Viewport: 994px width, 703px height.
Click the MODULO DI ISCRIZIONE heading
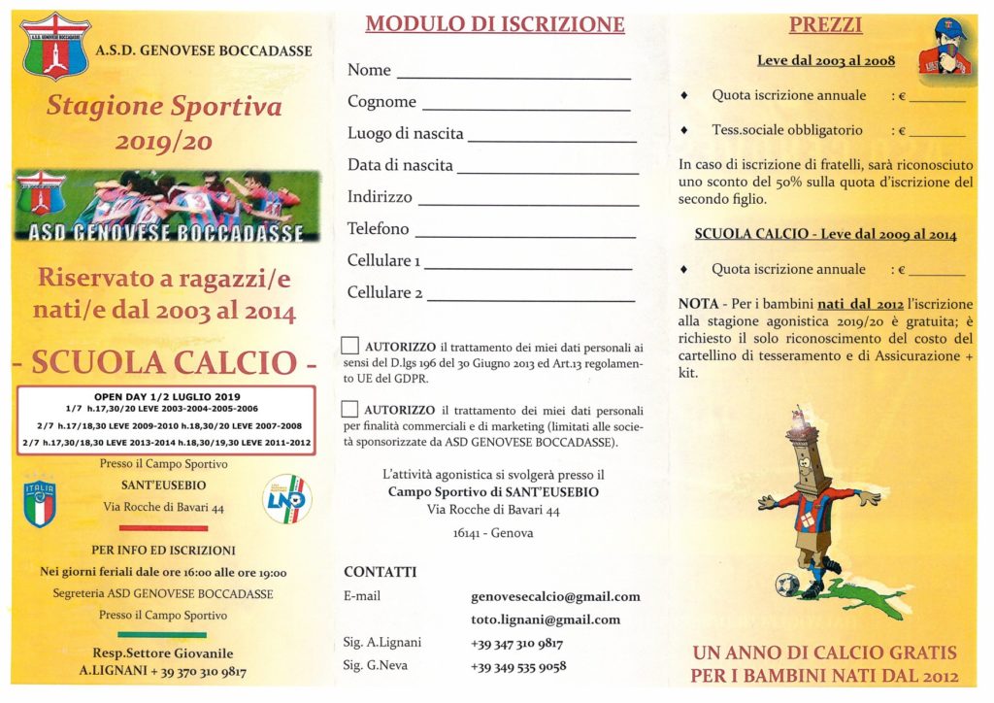pyautogui.click(x=494, y=24)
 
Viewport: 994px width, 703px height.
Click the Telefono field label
pyautogui.click(x=379, y=229)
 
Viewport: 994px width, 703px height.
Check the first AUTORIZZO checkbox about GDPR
pyautogui.click(x=350, y=347)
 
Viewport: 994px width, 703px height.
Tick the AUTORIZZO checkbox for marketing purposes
pyautogui.click(x=350, y=410)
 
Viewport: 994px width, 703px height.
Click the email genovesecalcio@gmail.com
pyautogui.click(x=555, y=596)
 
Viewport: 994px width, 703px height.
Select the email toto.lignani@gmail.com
pyautogui.click(x=546, y=619)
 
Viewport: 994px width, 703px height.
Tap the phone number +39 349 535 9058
pyautogui.click(x=518, y=666)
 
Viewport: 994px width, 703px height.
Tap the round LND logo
pyautogui.click(x=287, y=499)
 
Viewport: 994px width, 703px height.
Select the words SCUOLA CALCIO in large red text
pyautogui.click(x=163, y=362)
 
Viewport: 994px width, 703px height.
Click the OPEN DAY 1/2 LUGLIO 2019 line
pyautogui.click(x=165, y=397)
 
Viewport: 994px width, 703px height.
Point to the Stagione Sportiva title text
pyautogui.click(x=164, y=106)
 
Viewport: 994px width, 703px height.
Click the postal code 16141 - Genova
pyautogui.click(x=493, y=533)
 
